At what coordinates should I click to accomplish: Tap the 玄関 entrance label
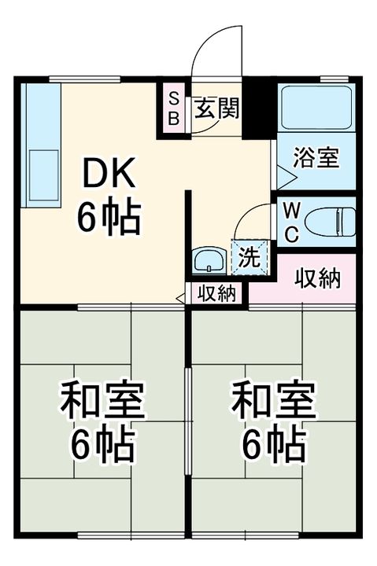coord(217,108)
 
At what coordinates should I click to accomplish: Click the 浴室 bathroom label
coord(316,157)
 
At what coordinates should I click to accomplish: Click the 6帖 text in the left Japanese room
coord(102,447)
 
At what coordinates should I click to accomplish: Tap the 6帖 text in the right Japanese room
coord(272,447)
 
